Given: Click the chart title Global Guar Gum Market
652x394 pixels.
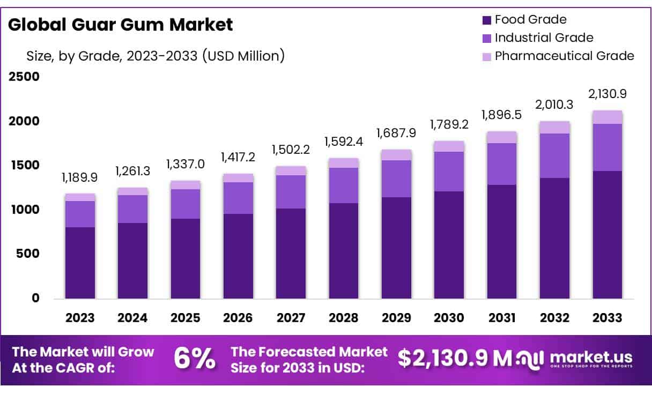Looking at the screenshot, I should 121,25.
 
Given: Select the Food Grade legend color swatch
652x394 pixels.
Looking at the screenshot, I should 487,20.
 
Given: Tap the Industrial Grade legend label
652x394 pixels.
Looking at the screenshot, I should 544,38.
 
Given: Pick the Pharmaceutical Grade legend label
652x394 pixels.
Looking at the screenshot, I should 564,56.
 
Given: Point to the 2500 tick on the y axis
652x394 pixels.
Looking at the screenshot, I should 24,77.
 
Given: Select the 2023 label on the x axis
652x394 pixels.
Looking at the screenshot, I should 80,317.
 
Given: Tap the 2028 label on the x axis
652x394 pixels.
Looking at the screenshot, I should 344,317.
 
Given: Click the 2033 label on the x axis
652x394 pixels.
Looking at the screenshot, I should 607,317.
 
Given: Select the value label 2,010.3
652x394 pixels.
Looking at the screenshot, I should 554,104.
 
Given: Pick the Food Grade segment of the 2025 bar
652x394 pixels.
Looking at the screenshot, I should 186,258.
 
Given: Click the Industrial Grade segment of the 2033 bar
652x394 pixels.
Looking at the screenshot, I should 607,147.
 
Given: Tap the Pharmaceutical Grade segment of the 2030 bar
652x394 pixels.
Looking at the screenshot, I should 449,146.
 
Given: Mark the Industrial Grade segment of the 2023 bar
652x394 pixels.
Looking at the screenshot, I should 80,214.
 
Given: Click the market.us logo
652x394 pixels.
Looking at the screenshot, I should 574,359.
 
